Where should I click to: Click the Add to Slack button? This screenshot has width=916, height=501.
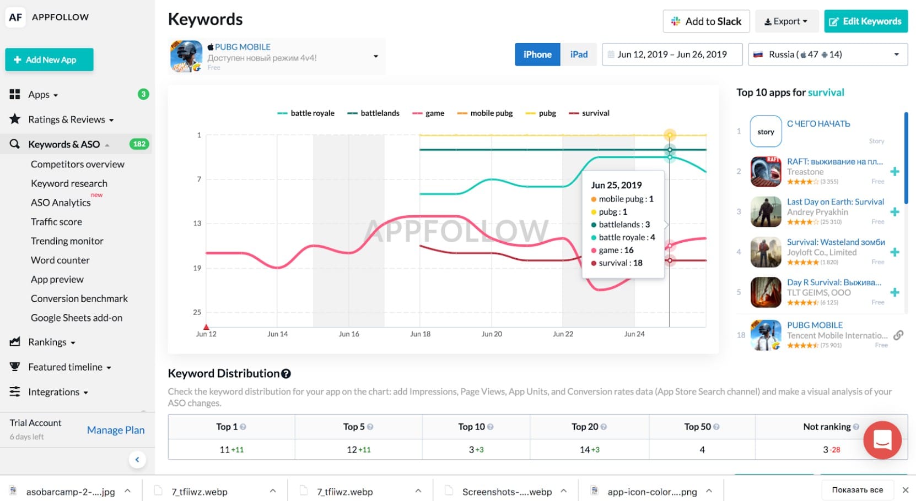click(706, 21)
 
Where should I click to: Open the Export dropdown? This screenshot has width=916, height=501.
click(786, 21)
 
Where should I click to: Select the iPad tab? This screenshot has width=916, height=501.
click(579, 55)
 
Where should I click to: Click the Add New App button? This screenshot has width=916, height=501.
click(49, 59)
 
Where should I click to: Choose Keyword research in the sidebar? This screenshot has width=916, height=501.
click(69, 183)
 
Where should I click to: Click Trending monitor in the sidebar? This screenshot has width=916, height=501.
click(67, 241)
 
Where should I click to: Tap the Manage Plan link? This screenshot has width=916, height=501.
click(116, 430)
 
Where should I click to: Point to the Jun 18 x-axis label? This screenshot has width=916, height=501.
click(420, 334)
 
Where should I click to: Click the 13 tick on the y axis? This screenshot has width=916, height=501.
click(197, 224)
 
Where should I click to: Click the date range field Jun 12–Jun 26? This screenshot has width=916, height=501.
click(672, 55)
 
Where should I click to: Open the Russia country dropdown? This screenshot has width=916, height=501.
click(827, 55)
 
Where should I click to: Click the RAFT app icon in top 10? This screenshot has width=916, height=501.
click(766, 171)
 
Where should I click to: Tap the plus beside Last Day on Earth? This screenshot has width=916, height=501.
click(895, 212)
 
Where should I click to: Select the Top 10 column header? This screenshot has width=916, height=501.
click(475, 427)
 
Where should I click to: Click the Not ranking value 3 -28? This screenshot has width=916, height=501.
click(831, 450)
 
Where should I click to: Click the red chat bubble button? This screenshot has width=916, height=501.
click(882, 439)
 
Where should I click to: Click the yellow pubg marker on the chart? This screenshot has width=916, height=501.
click(670, 135)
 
